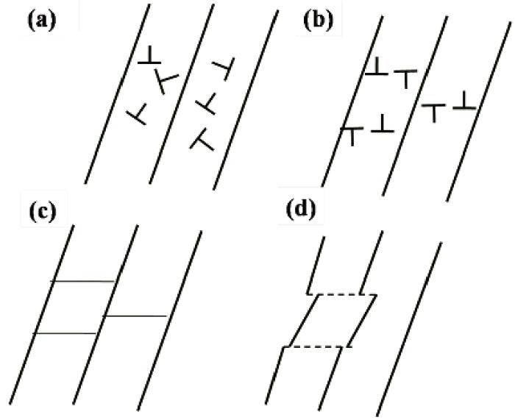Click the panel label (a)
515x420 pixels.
[42, 22]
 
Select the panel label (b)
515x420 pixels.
[318, 22]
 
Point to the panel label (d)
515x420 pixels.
[301, 210]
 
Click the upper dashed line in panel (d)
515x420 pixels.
[341, 294]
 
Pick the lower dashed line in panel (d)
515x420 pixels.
[318, 346]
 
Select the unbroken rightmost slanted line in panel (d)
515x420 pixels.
[409, 330]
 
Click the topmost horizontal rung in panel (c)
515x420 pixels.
[82, 282]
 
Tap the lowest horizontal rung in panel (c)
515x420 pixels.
[65, 334]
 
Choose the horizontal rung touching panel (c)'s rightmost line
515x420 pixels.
[135, 316]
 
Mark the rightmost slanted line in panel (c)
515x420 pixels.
[169, 321]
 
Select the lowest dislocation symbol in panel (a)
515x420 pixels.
[202, 140]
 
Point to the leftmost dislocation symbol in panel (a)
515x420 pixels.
[138, 114]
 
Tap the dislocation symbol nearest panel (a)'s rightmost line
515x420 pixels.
[224, 68]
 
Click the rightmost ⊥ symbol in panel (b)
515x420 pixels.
[464, 102]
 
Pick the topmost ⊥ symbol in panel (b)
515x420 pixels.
[377, 66]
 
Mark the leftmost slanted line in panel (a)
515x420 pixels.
[117, 93]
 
